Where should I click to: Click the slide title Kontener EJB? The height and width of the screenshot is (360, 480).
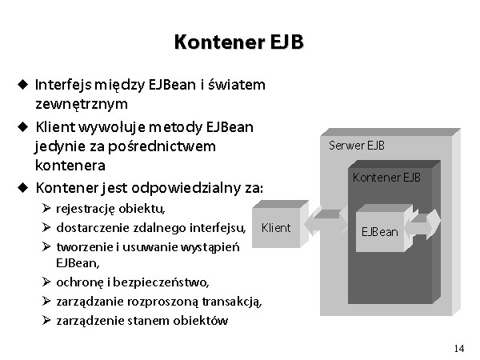click(x=238, y=42)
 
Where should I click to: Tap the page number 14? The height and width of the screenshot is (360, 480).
click(x=459, y=348)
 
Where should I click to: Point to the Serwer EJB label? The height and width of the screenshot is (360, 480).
click(x=357, y=146)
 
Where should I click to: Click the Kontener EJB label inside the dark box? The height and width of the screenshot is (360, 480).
click(x=386, y=178)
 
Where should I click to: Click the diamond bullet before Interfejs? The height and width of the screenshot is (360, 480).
click(x=23, y=84)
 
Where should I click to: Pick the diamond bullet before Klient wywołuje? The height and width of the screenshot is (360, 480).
click(x=23, y=126)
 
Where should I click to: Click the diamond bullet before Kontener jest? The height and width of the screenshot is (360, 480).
click(x=23, y=187)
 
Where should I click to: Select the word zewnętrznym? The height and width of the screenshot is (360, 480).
click(x=82, y=104)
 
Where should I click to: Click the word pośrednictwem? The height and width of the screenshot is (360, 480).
click(x=162, y=146)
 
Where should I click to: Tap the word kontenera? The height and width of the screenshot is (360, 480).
click(x=70, y=166)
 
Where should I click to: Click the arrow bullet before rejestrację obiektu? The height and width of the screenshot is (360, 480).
click(x=46, y=209)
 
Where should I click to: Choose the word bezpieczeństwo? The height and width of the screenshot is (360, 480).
click(x=161, y=282)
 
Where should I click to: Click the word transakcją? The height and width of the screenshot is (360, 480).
click(x=232, y=302)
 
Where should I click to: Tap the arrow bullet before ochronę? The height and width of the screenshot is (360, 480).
click(x=46, y=282)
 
